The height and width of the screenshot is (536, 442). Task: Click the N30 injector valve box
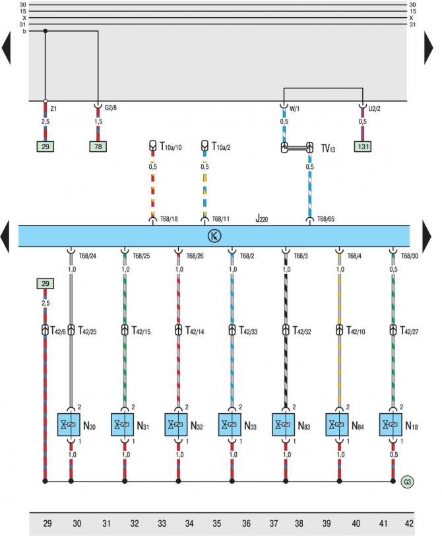click(x=71, y=424)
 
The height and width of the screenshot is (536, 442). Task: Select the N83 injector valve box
click(x=285, y=424)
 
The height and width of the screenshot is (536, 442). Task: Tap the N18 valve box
click(x=392, y=424)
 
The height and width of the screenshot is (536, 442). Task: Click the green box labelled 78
click(x=98, y=146)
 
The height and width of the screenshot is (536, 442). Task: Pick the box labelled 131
click(x=362, y=146)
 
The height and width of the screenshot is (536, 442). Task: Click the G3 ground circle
click(x=408, y=482)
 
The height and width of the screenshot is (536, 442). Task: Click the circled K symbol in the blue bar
click(x=214, y=235)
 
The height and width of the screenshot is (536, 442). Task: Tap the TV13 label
click(x=329, y=150)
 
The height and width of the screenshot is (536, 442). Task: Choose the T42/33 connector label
click(x=250, y=329)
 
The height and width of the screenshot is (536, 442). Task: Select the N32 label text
click(x=197, y=426)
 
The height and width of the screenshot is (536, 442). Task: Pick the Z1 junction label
click(x=54, y=108)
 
